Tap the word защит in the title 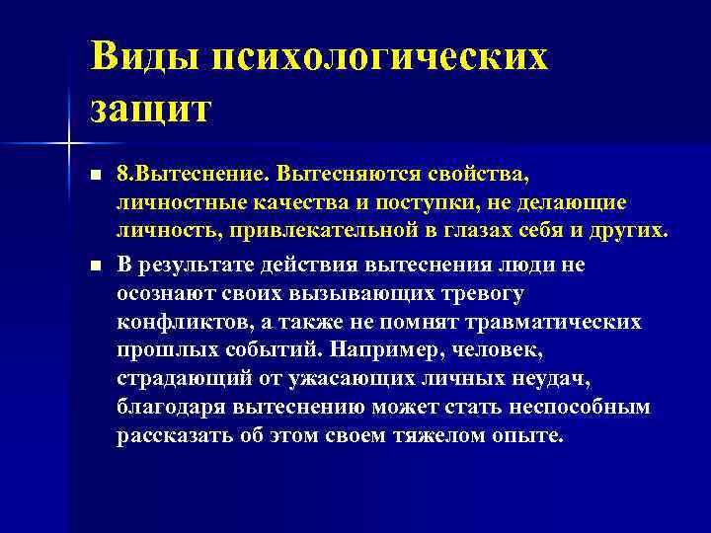point(150,107)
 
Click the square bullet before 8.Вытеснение point(95,176)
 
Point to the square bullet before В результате point(95,265)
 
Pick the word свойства point(478,175)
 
